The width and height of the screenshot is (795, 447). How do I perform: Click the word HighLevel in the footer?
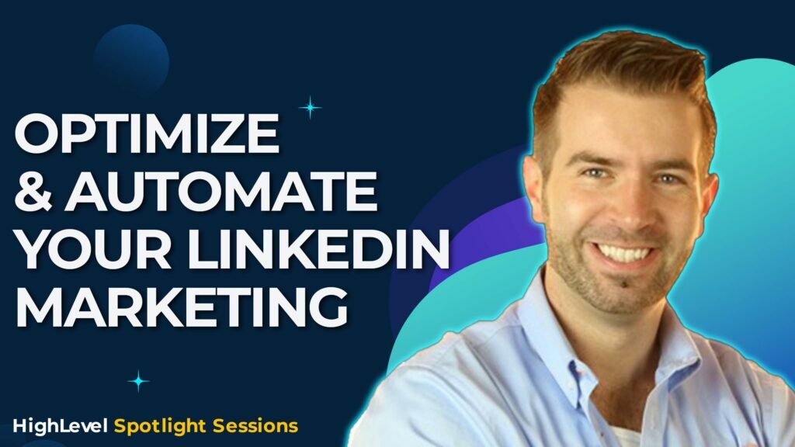(x=60, y=425)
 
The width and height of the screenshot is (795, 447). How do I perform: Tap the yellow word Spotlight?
(x=154, y=426)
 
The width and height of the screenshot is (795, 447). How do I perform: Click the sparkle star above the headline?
(x=310, y=107)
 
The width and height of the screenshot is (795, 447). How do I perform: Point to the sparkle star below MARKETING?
(x=138, y=380)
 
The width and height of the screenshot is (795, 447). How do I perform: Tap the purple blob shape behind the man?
(x=466, y=233)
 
